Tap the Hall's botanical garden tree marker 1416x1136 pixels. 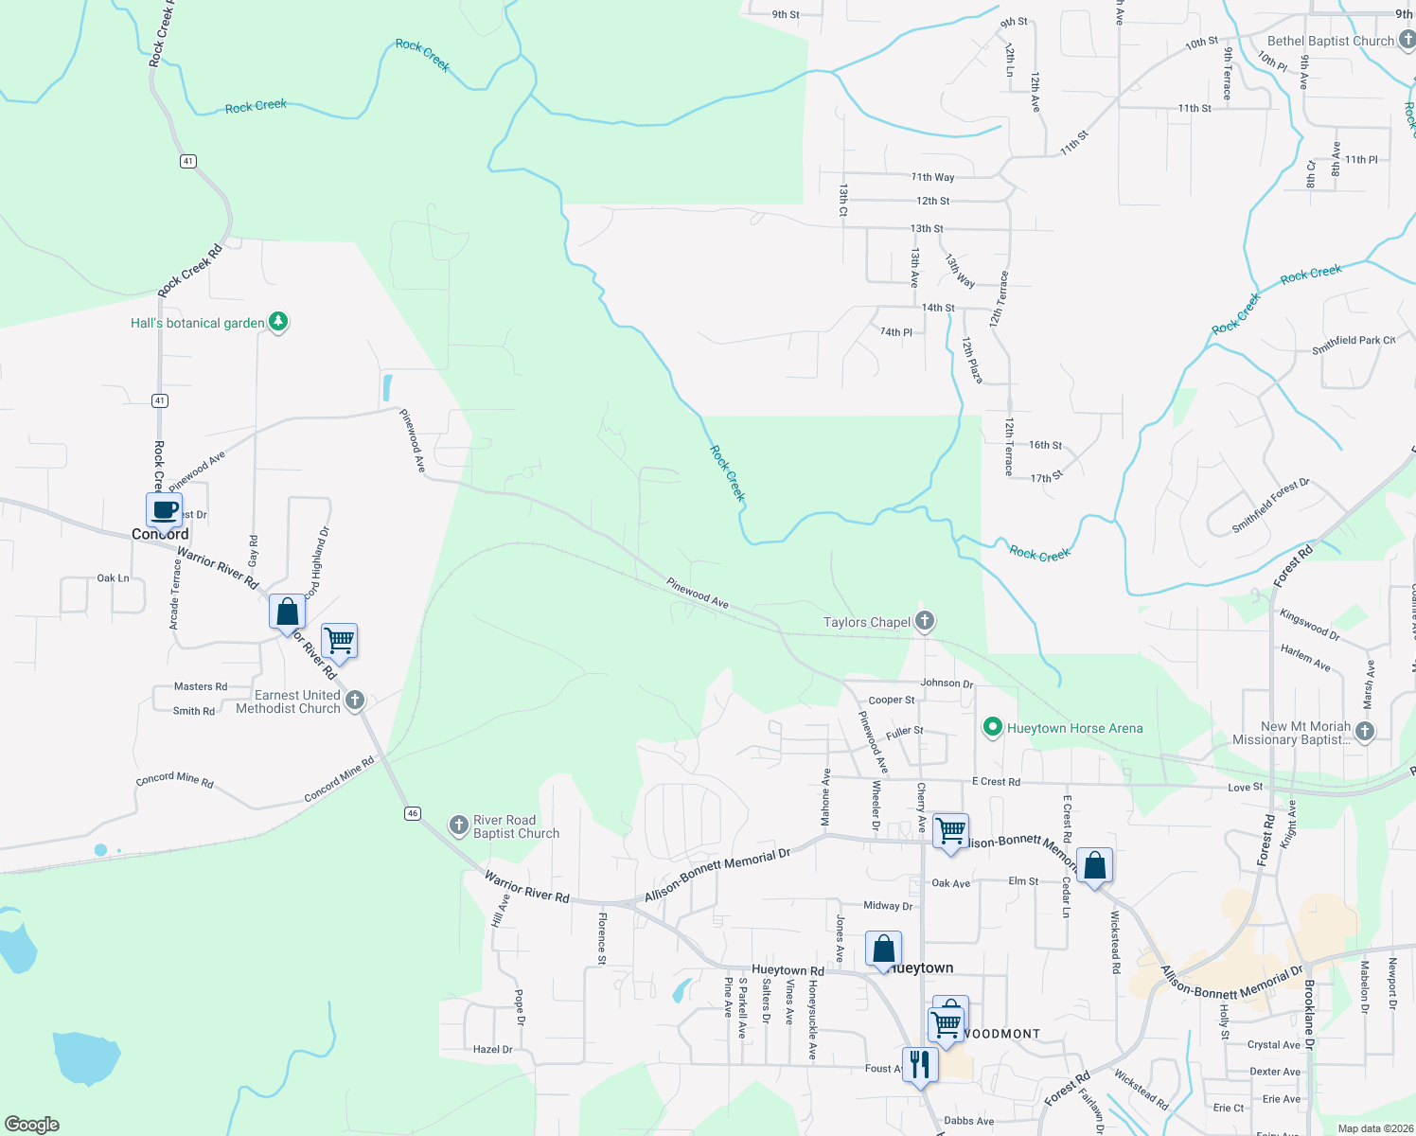277,322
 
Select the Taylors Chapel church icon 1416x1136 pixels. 925,621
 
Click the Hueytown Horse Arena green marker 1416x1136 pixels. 992,727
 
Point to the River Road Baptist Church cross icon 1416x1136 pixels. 459,825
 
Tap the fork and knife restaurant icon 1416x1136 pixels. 919,1065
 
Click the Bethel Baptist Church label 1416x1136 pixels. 1331,41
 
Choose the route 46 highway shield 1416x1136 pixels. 412,813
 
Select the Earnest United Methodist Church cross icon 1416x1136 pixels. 355,701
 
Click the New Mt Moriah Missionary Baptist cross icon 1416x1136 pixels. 1364,731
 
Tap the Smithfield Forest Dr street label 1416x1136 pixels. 1270,506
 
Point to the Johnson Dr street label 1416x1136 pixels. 947,683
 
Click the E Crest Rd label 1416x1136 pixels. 996,782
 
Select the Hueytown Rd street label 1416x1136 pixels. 788,970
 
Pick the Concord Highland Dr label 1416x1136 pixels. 318,560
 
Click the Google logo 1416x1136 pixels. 31,1125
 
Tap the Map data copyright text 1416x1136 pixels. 1374,1128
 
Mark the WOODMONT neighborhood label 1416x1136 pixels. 999,1034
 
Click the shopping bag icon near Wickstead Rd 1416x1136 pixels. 1094,866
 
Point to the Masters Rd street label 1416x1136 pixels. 201,686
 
